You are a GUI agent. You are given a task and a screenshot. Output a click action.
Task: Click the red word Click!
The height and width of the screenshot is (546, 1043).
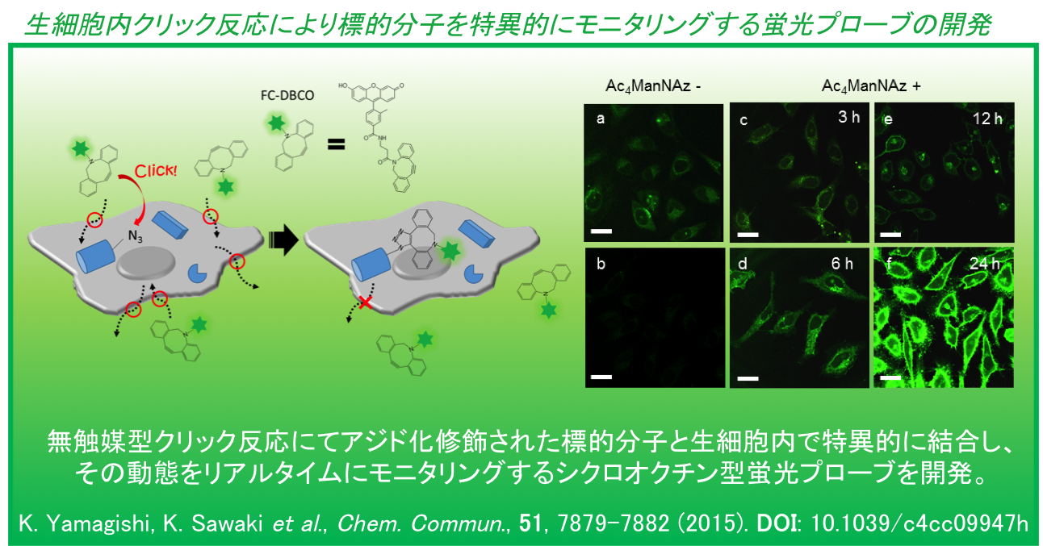click(156, 170)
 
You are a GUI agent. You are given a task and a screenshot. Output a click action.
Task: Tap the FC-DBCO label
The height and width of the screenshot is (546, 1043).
click(287, 95)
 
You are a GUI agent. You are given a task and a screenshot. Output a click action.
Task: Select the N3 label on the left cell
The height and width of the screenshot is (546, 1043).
click(136, 236)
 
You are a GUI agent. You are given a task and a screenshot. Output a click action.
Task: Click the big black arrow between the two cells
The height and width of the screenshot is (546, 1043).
click(283, 240)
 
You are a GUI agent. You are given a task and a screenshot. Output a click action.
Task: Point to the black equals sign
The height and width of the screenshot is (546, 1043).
click(336, 144)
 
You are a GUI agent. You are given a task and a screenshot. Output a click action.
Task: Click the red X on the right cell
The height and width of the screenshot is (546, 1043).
click(365, 302)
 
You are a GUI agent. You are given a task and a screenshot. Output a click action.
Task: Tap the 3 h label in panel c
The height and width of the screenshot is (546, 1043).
click(848, 117)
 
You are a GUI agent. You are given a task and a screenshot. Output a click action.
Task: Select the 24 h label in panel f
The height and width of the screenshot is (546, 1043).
click(985, 264)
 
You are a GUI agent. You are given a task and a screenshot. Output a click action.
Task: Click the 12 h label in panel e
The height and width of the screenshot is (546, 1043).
click(987, 119)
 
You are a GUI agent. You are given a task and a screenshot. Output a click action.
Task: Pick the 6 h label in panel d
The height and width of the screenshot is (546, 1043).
click(842, 264)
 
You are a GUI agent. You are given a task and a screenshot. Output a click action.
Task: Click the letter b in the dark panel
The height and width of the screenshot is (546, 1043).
click(601, 264)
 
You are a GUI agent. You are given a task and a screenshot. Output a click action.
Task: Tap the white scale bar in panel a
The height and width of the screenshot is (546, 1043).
click(601, 231)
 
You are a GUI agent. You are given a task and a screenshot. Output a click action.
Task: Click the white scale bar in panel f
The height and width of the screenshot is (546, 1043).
click(890, 378)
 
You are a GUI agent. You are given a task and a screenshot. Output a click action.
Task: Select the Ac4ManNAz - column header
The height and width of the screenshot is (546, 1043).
click(653, 86)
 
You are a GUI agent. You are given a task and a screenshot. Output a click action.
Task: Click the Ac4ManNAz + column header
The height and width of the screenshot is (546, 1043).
click(871, 86)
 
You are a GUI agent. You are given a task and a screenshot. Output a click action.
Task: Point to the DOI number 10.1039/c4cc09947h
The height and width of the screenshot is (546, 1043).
click(919, 523)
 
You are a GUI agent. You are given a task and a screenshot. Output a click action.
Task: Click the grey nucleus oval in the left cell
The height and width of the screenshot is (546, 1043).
click(146, 263)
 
